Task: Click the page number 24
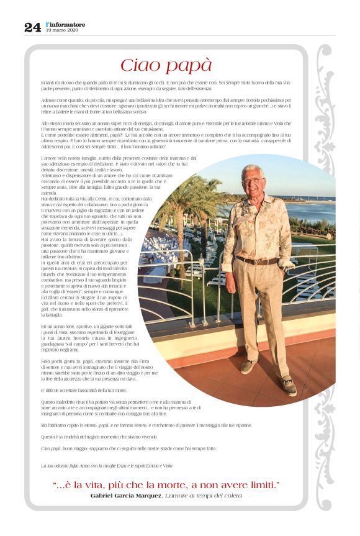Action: click(x=32, y=27)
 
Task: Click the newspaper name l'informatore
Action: click(x=66, y=24)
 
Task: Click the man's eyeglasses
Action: click(x=253, y=180)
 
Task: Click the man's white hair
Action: click(x=253, y=170)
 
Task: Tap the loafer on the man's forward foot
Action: click(x=288, y=386)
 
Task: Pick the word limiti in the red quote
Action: click(x=260, y=484)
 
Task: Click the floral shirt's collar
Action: click(x=254, y=198)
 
